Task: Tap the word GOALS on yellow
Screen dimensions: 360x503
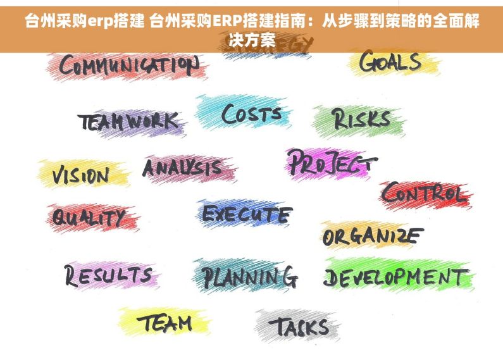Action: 390,62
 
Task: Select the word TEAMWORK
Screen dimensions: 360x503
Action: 128,121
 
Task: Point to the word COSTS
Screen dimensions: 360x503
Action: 251,115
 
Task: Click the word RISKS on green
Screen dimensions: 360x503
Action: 361,118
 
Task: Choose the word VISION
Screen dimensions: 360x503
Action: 80,175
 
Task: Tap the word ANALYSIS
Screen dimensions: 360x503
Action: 182,168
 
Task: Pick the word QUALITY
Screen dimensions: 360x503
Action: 88,218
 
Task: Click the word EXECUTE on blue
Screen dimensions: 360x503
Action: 247,214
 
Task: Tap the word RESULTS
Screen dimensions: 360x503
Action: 108,275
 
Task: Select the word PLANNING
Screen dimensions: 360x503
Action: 249,276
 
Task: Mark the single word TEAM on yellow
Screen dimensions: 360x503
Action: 165,323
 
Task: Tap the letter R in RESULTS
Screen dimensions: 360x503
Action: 71,275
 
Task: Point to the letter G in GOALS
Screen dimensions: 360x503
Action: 368,62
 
